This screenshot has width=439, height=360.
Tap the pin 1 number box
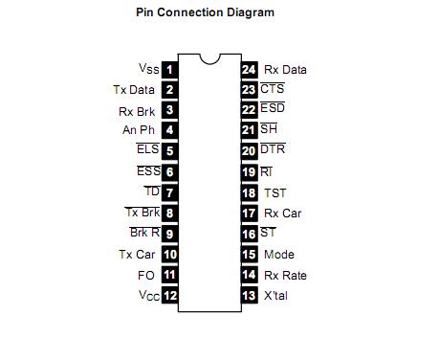(x=169, y=69)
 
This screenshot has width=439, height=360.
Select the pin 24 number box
(x=249, y=69)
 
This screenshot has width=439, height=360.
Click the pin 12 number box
(x=169, y=296)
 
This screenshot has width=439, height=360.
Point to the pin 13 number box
(x=249, y=296)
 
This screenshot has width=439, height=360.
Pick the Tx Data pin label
(x=134, y=90)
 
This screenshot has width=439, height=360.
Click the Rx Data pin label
(x=285, y=69)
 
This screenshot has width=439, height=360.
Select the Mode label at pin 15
(x=278, y=255)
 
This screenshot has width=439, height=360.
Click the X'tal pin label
(x=275, y=296)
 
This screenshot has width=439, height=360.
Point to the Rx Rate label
(x=284, y=276)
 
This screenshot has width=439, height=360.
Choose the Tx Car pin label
(x=137, y=255)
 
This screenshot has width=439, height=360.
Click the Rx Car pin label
(x=282, y=214)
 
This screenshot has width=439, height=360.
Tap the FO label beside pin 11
(x=145, y=276)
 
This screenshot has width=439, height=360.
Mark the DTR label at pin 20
(x=273, y=150)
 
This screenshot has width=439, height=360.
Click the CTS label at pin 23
(x=272, y=89)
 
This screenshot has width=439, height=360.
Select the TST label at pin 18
(x=275, y=192)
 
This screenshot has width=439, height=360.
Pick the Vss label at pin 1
(x=149, y=69)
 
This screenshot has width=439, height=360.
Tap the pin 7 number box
(x=169, y=192)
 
